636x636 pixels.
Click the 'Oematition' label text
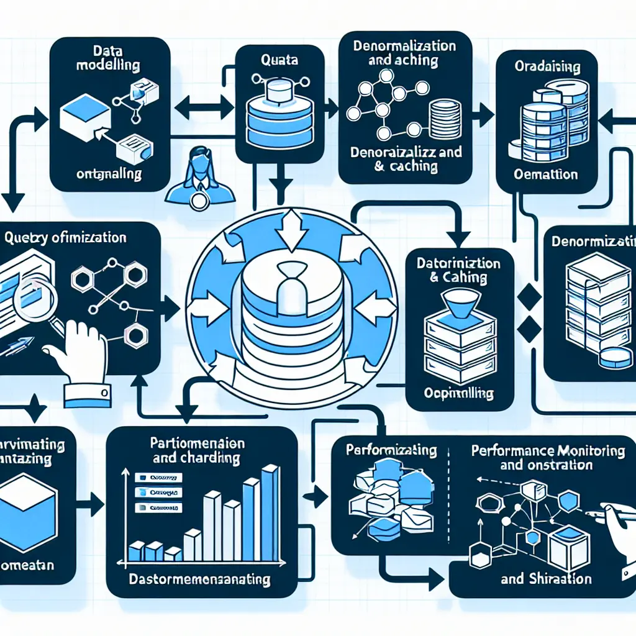click(547, 175)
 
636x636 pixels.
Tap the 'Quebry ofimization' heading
click(65, 237)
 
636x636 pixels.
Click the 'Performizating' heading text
click(391, 450)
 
